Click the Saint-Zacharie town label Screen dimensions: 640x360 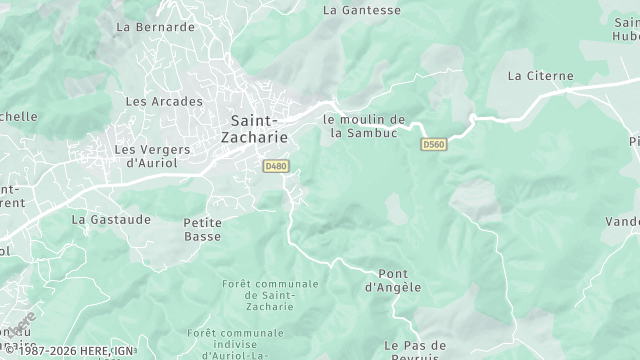pos(253,127)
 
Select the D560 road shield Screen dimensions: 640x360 pos(433,145)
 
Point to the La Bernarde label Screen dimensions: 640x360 pos(155,27)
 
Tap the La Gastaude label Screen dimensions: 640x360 pos(111,218)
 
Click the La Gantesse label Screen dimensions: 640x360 pos(362,10)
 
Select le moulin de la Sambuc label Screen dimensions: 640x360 pos(364,125)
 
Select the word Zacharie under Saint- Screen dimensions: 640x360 pos(253,135)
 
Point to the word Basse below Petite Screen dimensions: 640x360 pos(203,237)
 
